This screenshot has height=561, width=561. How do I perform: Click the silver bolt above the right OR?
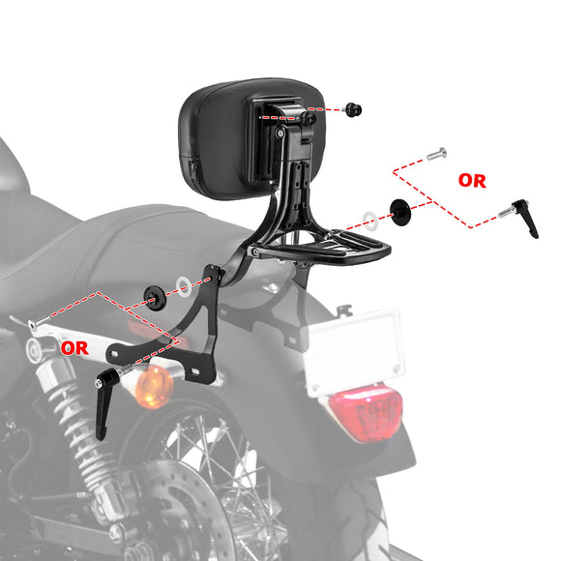pos(435,153)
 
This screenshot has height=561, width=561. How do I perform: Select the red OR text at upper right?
pos(472,180)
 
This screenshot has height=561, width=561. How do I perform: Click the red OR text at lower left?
pos(75,345)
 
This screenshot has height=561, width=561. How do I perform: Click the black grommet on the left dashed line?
pos(153,293)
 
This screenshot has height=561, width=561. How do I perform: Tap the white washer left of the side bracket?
pos(183,286)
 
